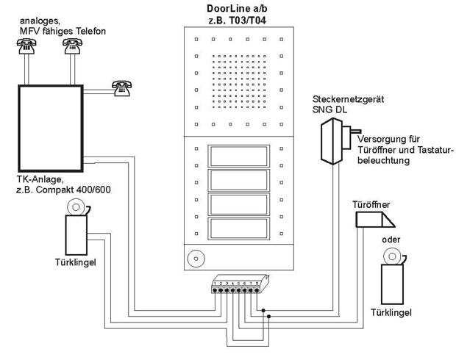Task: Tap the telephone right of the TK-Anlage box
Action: click(x=120, y=87)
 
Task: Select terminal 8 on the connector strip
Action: click(x=258, y=289)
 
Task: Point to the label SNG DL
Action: click(x=328, y=110)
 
